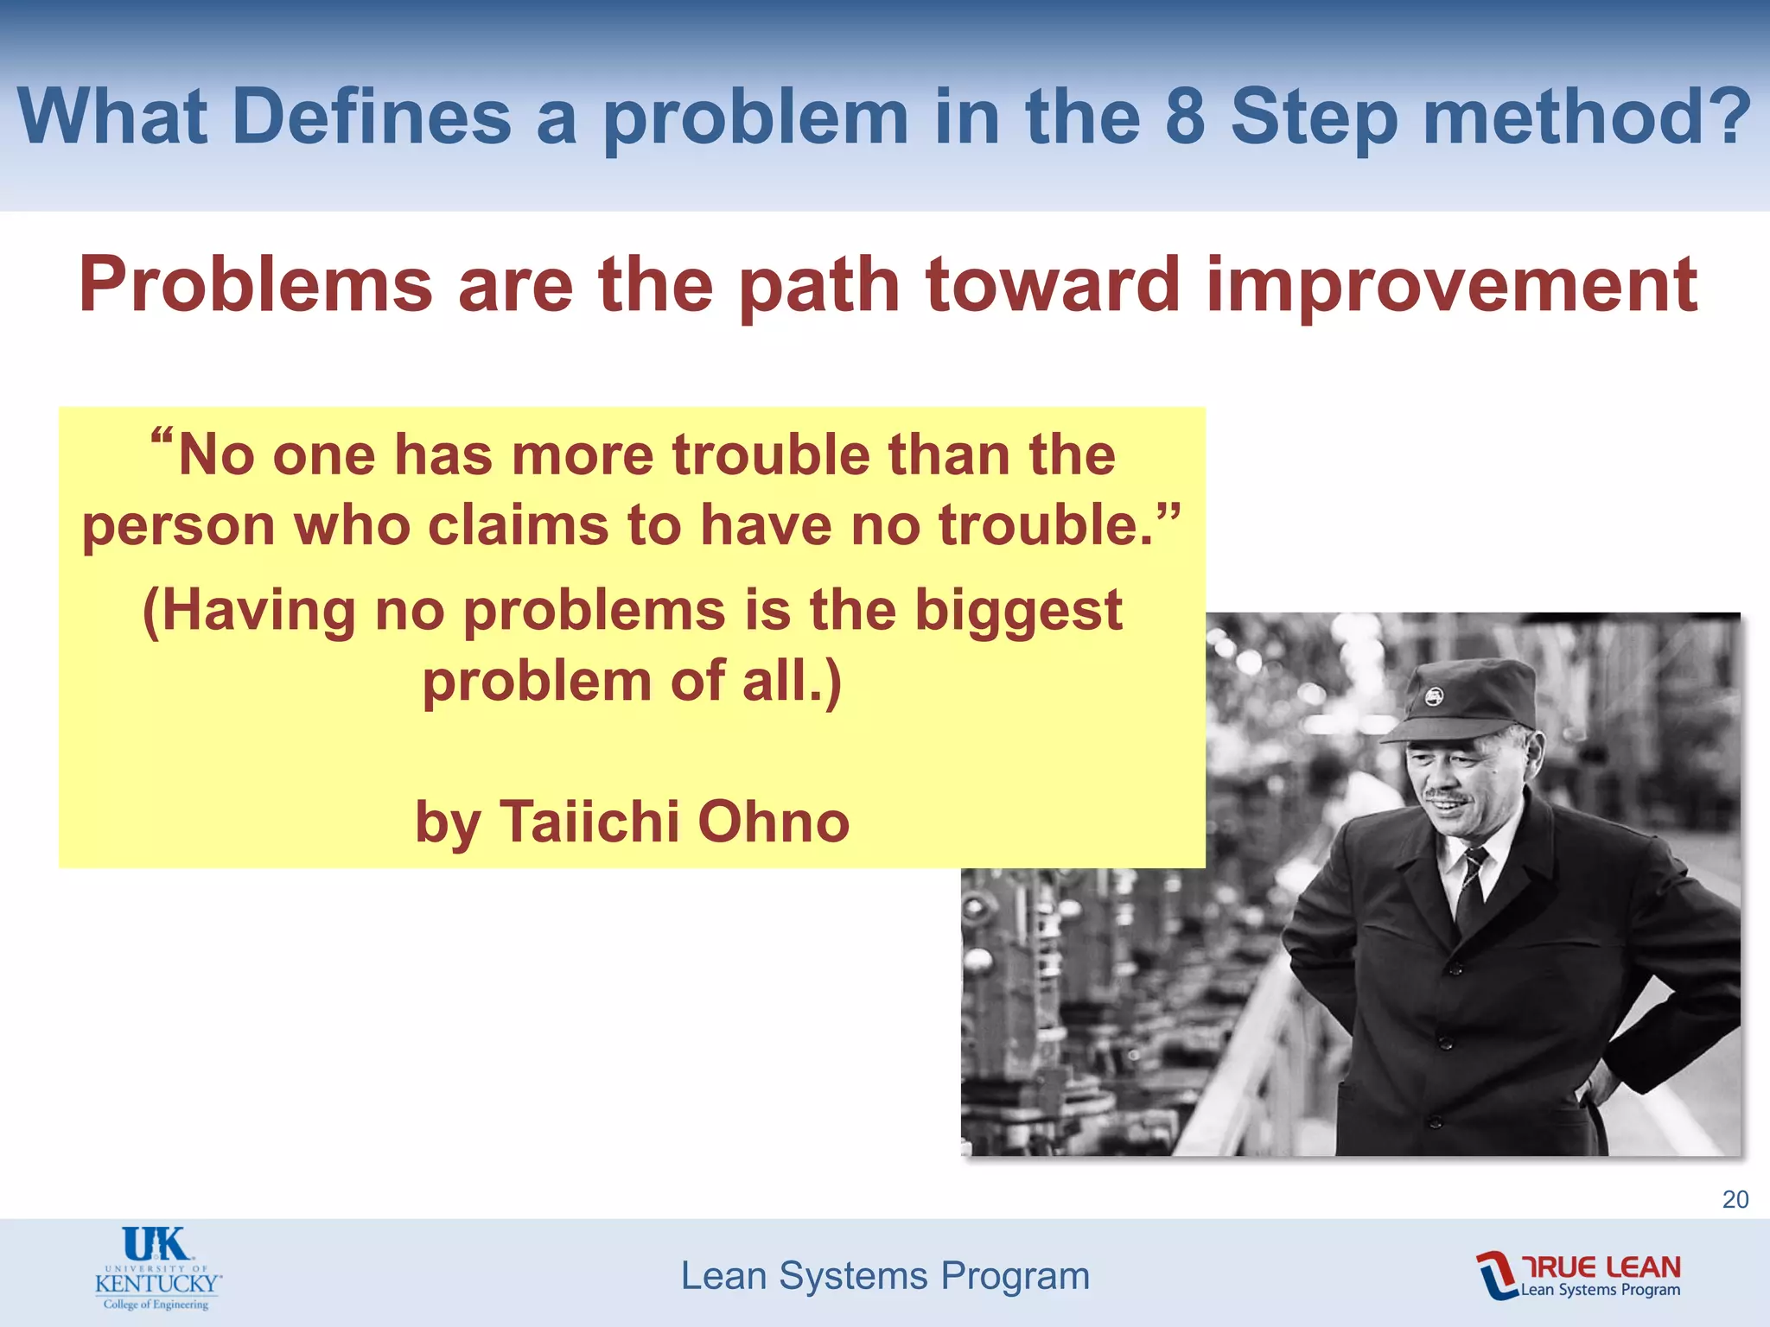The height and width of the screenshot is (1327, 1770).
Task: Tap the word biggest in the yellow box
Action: [1018, 610]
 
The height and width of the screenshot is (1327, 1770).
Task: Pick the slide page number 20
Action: [1735, 1199]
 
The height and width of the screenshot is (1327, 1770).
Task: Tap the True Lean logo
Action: [1578, 1275]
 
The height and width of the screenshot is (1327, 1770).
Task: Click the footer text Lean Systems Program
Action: [885, 1276]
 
